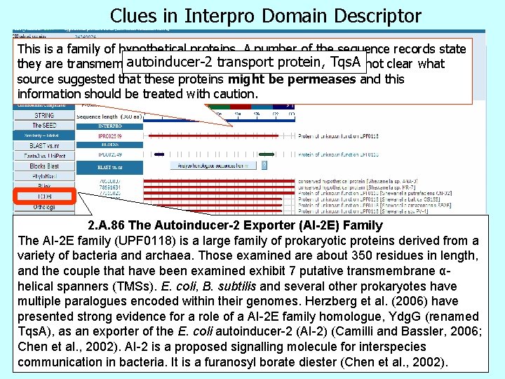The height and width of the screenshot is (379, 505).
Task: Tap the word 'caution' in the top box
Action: (x=235, y=93)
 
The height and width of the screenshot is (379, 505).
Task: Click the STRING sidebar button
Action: (x=43, y=116)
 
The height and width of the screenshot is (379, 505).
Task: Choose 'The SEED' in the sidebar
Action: (x=43, y=126)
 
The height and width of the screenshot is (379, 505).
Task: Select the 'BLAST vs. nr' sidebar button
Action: (x=43, y=145)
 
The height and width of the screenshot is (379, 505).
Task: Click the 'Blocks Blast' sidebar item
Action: (x=43, y=166)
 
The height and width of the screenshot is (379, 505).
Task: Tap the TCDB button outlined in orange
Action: (x=43, y=197)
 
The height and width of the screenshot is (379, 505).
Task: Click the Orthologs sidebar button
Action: (x=43, y=207)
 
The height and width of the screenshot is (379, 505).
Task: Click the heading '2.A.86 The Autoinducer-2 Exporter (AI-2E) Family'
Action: (x=235, y=225)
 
